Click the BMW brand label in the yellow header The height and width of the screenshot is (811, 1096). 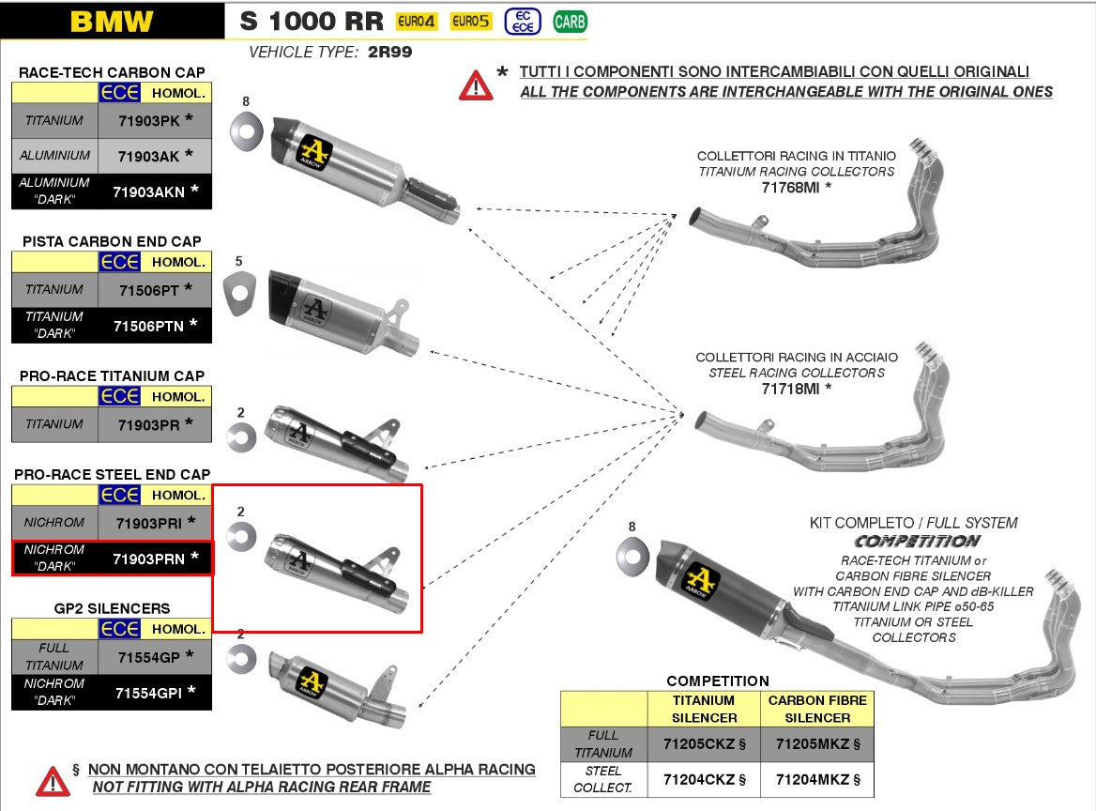tap(112, 22)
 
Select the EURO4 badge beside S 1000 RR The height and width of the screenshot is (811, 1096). tap(417, 21)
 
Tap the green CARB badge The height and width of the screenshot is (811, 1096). tap(570, 21)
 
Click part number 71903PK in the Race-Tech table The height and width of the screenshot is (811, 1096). tap(149, 120)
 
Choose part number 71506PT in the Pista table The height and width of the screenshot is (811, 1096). tap(149, 289)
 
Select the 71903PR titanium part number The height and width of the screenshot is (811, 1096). tap(149, 424)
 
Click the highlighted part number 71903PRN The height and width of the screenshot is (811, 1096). tap(149, 559)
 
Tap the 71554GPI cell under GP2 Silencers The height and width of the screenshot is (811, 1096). tap(149, 693)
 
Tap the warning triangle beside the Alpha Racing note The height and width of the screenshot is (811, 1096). tap(53, 779)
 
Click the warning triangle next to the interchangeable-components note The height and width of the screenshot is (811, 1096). tap(476, 84)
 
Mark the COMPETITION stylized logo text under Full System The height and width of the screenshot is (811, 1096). tap(917, 541)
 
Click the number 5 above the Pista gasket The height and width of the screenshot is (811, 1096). tap(239, 261)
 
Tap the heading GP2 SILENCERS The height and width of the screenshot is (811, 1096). tap(112, 608)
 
